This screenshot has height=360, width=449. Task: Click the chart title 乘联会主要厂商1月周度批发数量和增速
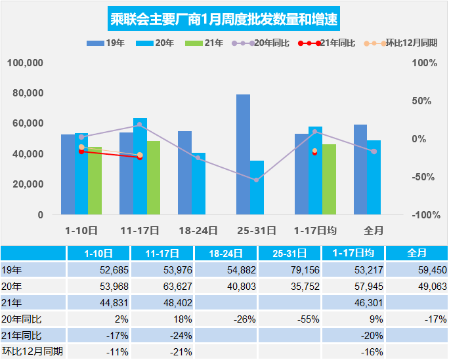[224, 18]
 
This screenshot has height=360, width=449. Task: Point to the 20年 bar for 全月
[374, 177]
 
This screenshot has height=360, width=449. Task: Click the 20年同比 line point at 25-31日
[257, 180]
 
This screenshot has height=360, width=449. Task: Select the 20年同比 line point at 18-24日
[198, 158]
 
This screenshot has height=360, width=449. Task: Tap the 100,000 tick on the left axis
[25, 63]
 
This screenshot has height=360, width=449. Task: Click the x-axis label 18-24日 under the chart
[198, 230]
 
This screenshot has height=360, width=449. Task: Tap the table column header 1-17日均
[353, 253]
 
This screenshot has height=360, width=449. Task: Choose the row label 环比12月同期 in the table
[33, 351]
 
